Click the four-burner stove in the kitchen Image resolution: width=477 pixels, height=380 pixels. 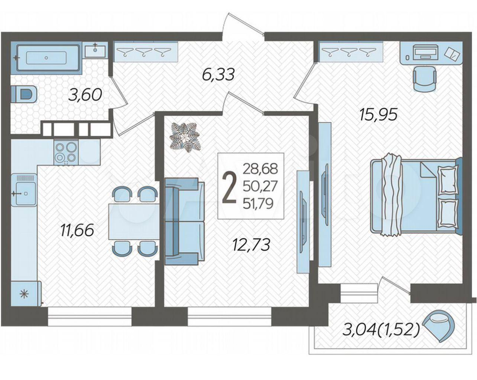(66, 152)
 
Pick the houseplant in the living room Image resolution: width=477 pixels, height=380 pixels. (185, 137)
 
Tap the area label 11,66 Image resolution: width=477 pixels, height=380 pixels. (77, 230)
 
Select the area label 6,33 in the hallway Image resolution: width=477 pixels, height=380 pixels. (218, 75)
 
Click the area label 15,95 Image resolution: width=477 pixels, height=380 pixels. (378, 115)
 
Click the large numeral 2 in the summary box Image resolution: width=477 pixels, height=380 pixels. (230, 187)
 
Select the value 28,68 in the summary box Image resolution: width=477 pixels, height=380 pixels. (261, 169)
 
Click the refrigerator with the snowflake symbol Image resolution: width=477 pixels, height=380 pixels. (26, 293)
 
